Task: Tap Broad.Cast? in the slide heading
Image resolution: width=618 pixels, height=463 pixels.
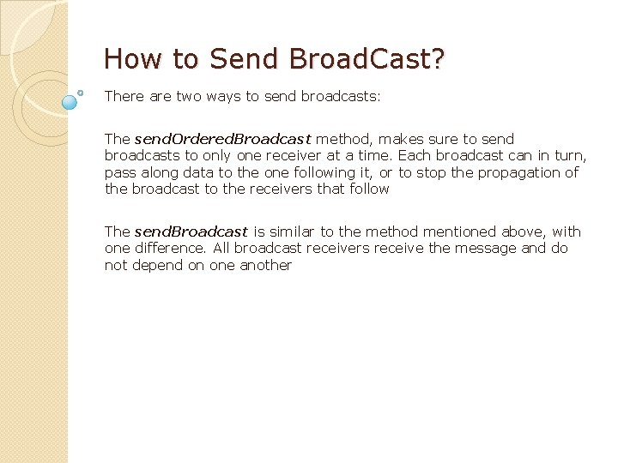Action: click(x=367, y=59)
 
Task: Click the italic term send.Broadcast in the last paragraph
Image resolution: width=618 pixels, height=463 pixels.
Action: click(x=191, y=231)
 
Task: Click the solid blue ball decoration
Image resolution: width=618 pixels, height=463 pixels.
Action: click(x=70, y=102)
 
